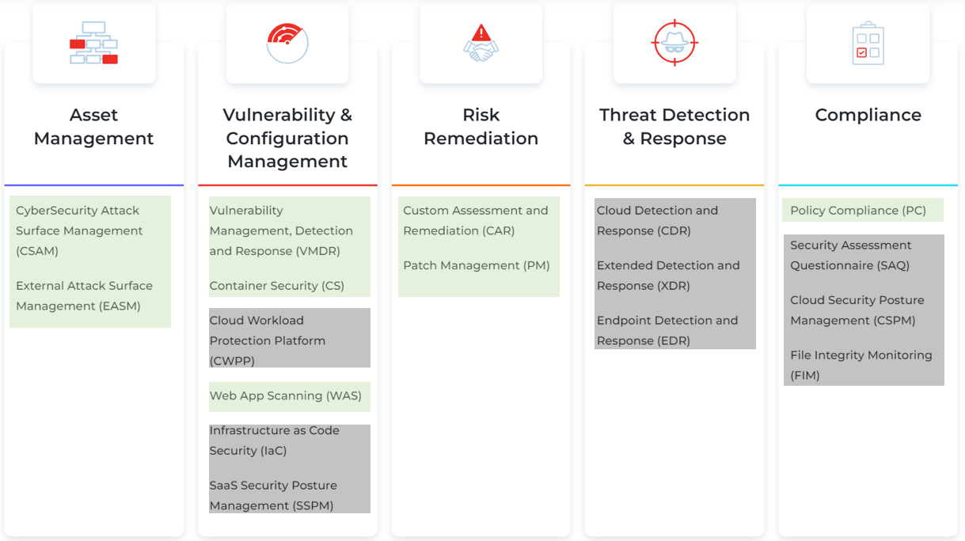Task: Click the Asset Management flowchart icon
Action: point(93,43)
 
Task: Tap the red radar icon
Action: point(287,43)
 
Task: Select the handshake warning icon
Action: point(481,43)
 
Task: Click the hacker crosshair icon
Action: point(674,43)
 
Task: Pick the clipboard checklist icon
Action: point(868,43)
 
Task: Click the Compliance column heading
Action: point(868,115)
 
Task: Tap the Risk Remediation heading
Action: point(481,127)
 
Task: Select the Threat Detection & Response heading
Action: point(674,127)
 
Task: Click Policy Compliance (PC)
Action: point(857,211)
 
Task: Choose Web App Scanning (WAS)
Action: point(285,396)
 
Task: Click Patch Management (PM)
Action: point(476,265)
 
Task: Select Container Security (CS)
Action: point(276,286)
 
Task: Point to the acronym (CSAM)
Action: point(37,251)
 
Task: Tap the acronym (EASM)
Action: point(120,306)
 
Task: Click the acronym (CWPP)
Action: point(232,361)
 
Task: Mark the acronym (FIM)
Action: point(805,375)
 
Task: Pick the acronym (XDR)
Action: point(674,286)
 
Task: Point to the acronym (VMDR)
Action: point(318,251)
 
